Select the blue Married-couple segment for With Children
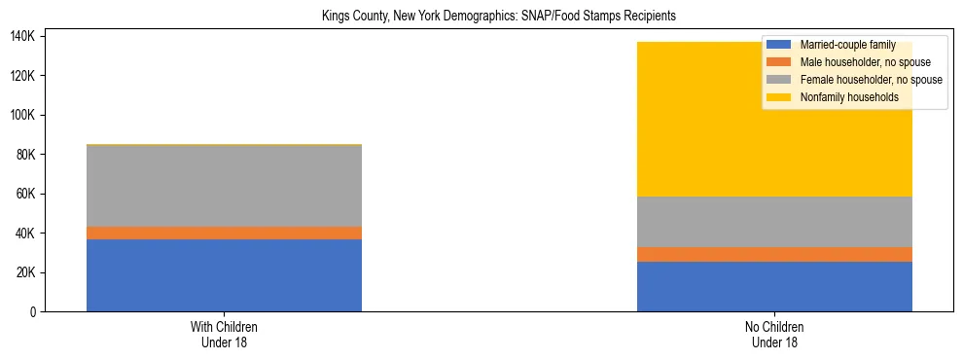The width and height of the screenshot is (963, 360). click(224, 275)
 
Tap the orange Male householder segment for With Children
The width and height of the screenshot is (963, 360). click(224, 234)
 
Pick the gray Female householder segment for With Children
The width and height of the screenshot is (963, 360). click(224, 186)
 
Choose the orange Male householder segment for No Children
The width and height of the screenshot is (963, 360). click(774, 255)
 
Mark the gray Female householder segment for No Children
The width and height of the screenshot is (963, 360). click(774, 222)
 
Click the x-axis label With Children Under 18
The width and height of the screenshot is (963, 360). click(224, 335)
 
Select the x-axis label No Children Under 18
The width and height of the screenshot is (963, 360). click(774, 335)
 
